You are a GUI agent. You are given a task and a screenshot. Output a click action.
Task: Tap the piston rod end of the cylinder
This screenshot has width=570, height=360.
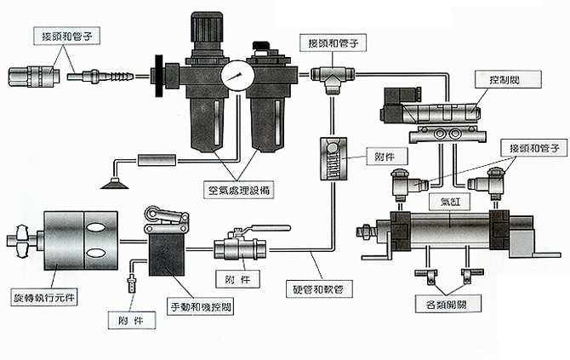point(368,229)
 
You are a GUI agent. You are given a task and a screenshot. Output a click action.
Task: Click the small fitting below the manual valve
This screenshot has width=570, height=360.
point(134,282)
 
